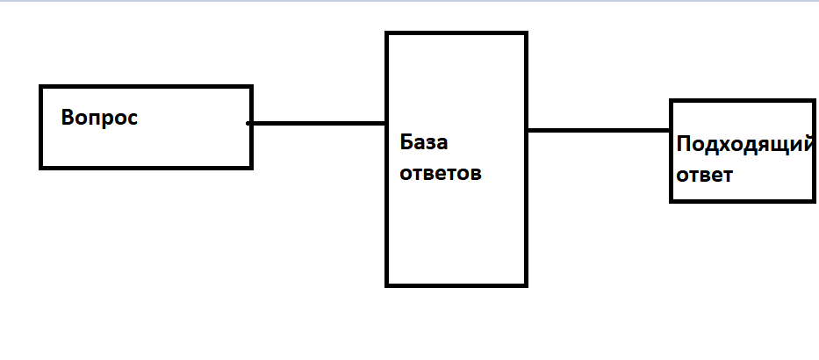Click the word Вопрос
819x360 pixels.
pyautogui.click(x=99, y=118)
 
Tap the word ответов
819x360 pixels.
pyautogui.click(x=441, y=173)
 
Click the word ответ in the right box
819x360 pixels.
pyautogui.click(x=705, y=175)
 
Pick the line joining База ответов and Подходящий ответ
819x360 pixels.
pyautogui.click(x=599, y=131)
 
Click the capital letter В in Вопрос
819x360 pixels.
pyautogui.click(x=68, y=118)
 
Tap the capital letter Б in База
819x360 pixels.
pyautogui.click(x=406, y=143)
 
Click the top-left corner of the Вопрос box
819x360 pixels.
pyautogui.click(x=41, y=87)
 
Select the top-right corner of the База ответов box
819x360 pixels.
pyautogui.click(x=525, y=34)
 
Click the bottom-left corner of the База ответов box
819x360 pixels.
pyautogui.click(x=388, y=284)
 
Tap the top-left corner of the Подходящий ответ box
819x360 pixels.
pyautogui.click(x=672, y=102)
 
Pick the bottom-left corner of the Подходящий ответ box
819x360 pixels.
pyautogui.click(x=672, y=200)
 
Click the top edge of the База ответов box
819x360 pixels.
pyautogui.click(x=456, y=34)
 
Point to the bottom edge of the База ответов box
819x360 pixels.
pyautogui.click(x=456, y=284)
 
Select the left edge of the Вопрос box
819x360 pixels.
pyautogui.click(x=41, y=126)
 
